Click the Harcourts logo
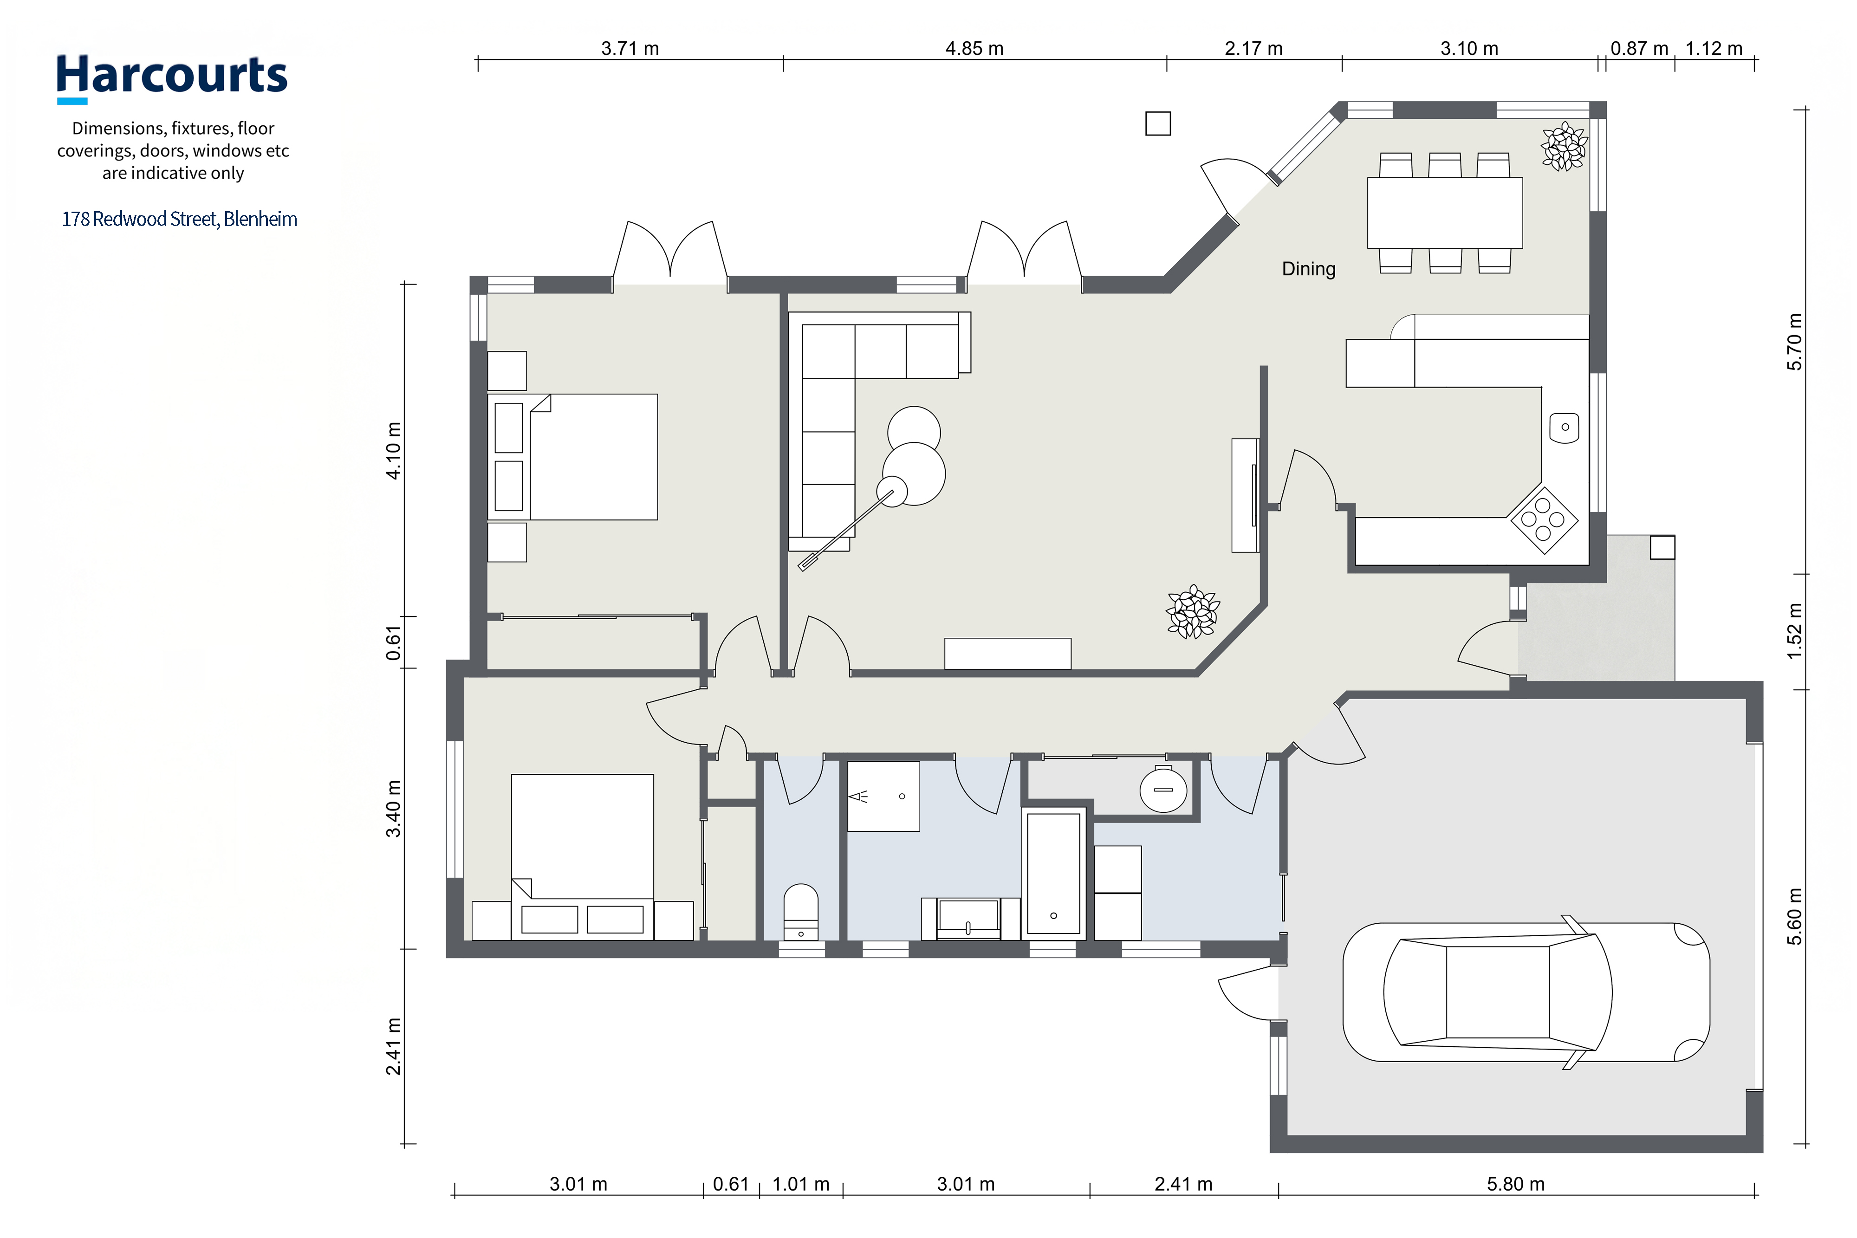click(x=172, y=78)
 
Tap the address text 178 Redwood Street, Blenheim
click(x=179, y=219)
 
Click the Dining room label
click(x=1308, y=269)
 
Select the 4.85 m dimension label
click(x=974, y=48)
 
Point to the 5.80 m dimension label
click(x=1515, y=1184)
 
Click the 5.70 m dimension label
click(x=1795, y=342)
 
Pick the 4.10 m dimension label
click(x=393, y=450)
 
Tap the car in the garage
click(x=1526, y=992)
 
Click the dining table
click(x=1444, y=213)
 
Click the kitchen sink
click(x=1564, y=427)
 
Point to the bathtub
click(x=1053, y=873)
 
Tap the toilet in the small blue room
click(x=800, y=912)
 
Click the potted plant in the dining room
click(x=1563, y=147)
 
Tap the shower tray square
click(x=883, y=796)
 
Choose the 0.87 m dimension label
click(x=1639, y=48)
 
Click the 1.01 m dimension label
click(x=800, y=1184)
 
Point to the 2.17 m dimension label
click(x=1254, y=48)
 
